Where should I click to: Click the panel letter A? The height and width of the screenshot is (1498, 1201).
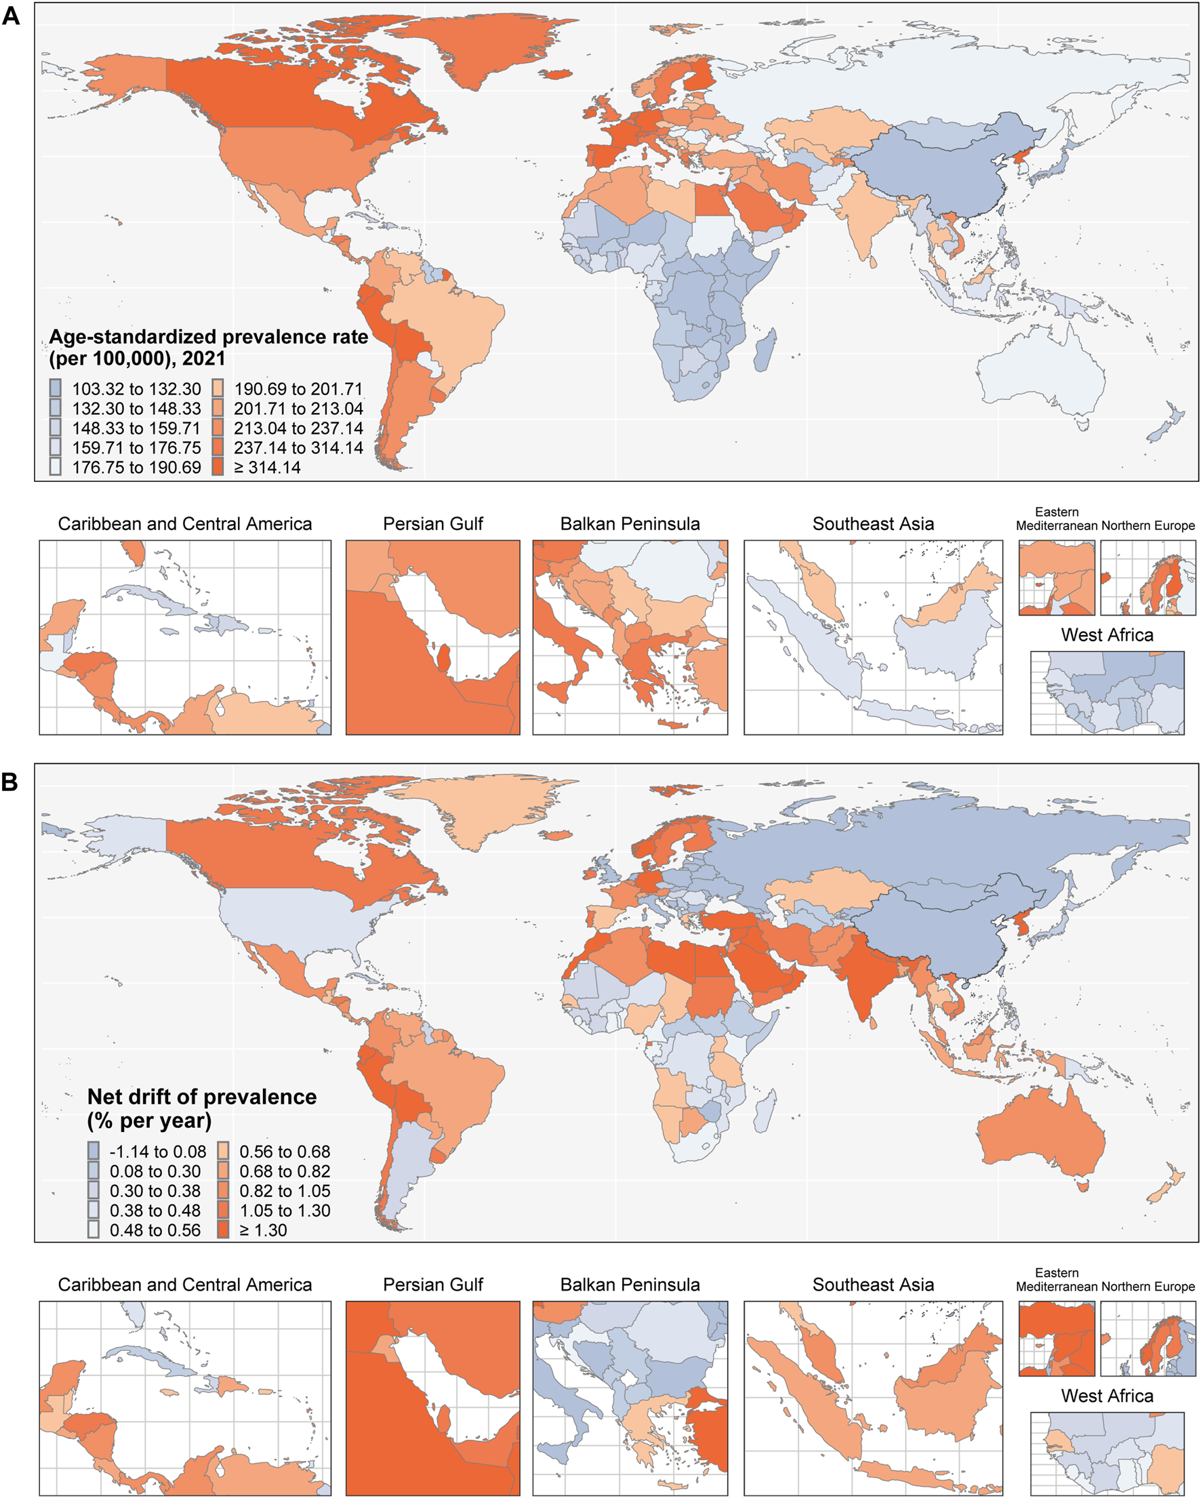point(10,16)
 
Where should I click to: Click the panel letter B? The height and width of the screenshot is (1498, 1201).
point(9,782)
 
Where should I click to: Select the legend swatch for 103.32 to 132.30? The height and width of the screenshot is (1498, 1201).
point(56,388)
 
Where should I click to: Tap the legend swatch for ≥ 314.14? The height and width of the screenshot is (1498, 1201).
point(218,467)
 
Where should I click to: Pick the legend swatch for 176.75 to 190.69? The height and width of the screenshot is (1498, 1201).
point(56,467)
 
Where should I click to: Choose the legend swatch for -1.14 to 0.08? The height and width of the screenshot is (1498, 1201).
point(93,1152)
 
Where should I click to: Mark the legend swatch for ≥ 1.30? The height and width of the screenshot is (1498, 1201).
point(223,1230)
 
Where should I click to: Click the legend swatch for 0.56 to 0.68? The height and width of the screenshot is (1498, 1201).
point(223,1152)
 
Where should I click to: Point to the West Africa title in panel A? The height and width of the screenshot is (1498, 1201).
point(1107,635)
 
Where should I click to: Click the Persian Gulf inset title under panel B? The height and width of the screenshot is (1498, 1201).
point(432,1284)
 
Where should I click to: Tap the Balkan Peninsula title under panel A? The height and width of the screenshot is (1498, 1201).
point(630,524)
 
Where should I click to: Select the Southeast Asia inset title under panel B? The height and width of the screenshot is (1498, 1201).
point(873,1284)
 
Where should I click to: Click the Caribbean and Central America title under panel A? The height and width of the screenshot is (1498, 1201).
point(185,524)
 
